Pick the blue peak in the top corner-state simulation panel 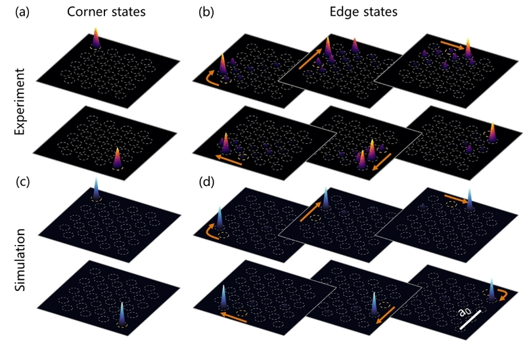(96, 189)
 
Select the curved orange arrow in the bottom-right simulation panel (507, 291)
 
